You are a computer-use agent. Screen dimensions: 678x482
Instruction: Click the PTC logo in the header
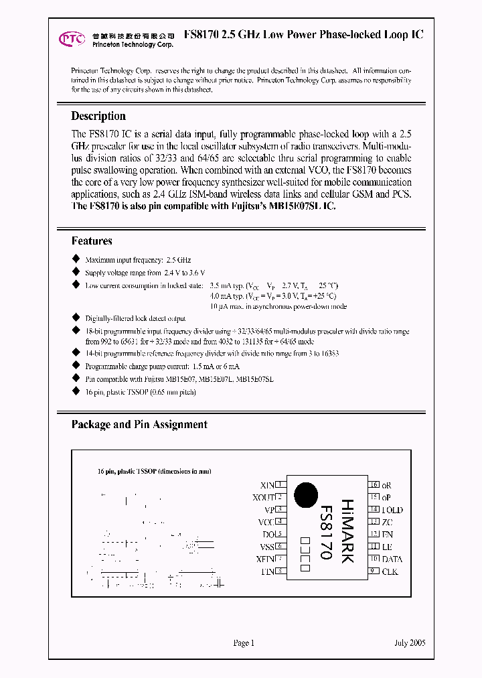coord(72,39)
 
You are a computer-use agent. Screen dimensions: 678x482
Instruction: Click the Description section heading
coord(98,116)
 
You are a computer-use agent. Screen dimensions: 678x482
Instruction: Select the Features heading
coord(92,241)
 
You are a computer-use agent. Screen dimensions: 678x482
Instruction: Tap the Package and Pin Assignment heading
coord(139,425)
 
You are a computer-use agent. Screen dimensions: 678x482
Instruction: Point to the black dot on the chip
coord(306,494)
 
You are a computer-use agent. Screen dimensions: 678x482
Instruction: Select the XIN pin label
coord(267,485)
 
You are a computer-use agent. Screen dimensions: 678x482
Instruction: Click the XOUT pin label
coord(264,497)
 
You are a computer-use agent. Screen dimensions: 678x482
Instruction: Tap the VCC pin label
coord(266,522)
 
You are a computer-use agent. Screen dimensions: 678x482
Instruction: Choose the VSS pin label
coord(266,547)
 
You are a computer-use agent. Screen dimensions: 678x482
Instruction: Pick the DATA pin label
coord(392,559)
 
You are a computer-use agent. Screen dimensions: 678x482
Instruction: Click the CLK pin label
coord(390,571)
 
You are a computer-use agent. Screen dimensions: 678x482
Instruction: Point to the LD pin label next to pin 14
coord(392,510)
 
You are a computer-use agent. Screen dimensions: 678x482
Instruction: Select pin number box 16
coord(374,484)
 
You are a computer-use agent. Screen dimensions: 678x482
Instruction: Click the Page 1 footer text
coord(244,643)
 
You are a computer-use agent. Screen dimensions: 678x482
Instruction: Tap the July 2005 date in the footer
coord(410,643)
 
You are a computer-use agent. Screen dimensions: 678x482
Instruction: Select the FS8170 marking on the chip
coord(325,532)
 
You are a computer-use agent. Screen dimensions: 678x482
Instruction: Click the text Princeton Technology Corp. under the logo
coord(131,45)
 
